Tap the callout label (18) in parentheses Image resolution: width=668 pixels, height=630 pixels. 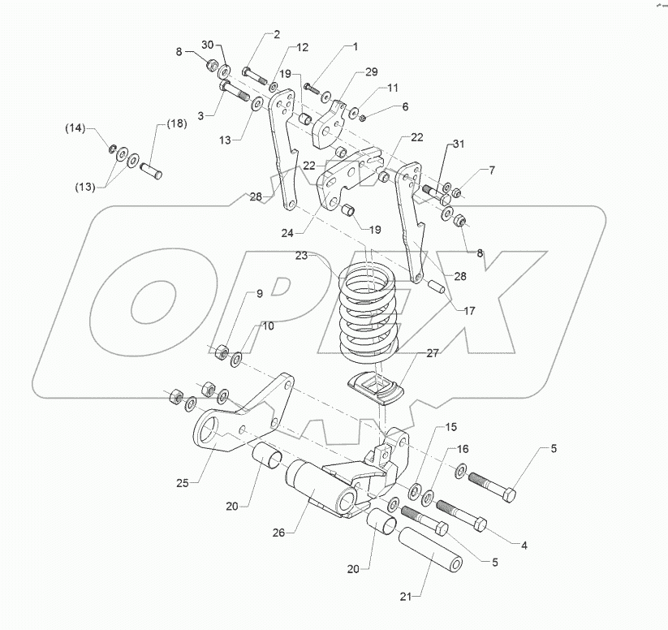[177, 123]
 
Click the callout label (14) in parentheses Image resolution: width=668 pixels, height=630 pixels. [75, 128]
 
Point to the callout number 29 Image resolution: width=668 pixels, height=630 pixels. [371, 72]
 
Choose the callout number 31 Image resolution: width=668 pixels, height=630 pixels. [459, 145]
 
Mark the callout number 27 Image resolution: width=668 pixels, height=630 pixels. [432, 353]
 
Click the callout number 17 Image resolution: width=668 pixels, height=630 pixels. [468, 309]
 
